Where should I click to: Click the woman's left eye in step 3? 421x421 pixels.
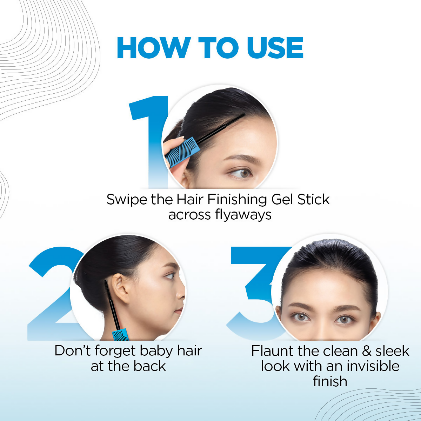343,319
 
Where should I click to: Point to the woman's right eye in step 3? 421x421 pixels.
300,317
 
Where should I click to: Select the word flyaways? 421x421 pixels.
243,215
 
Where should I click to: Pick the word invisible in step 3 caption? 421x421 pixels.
373,366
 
